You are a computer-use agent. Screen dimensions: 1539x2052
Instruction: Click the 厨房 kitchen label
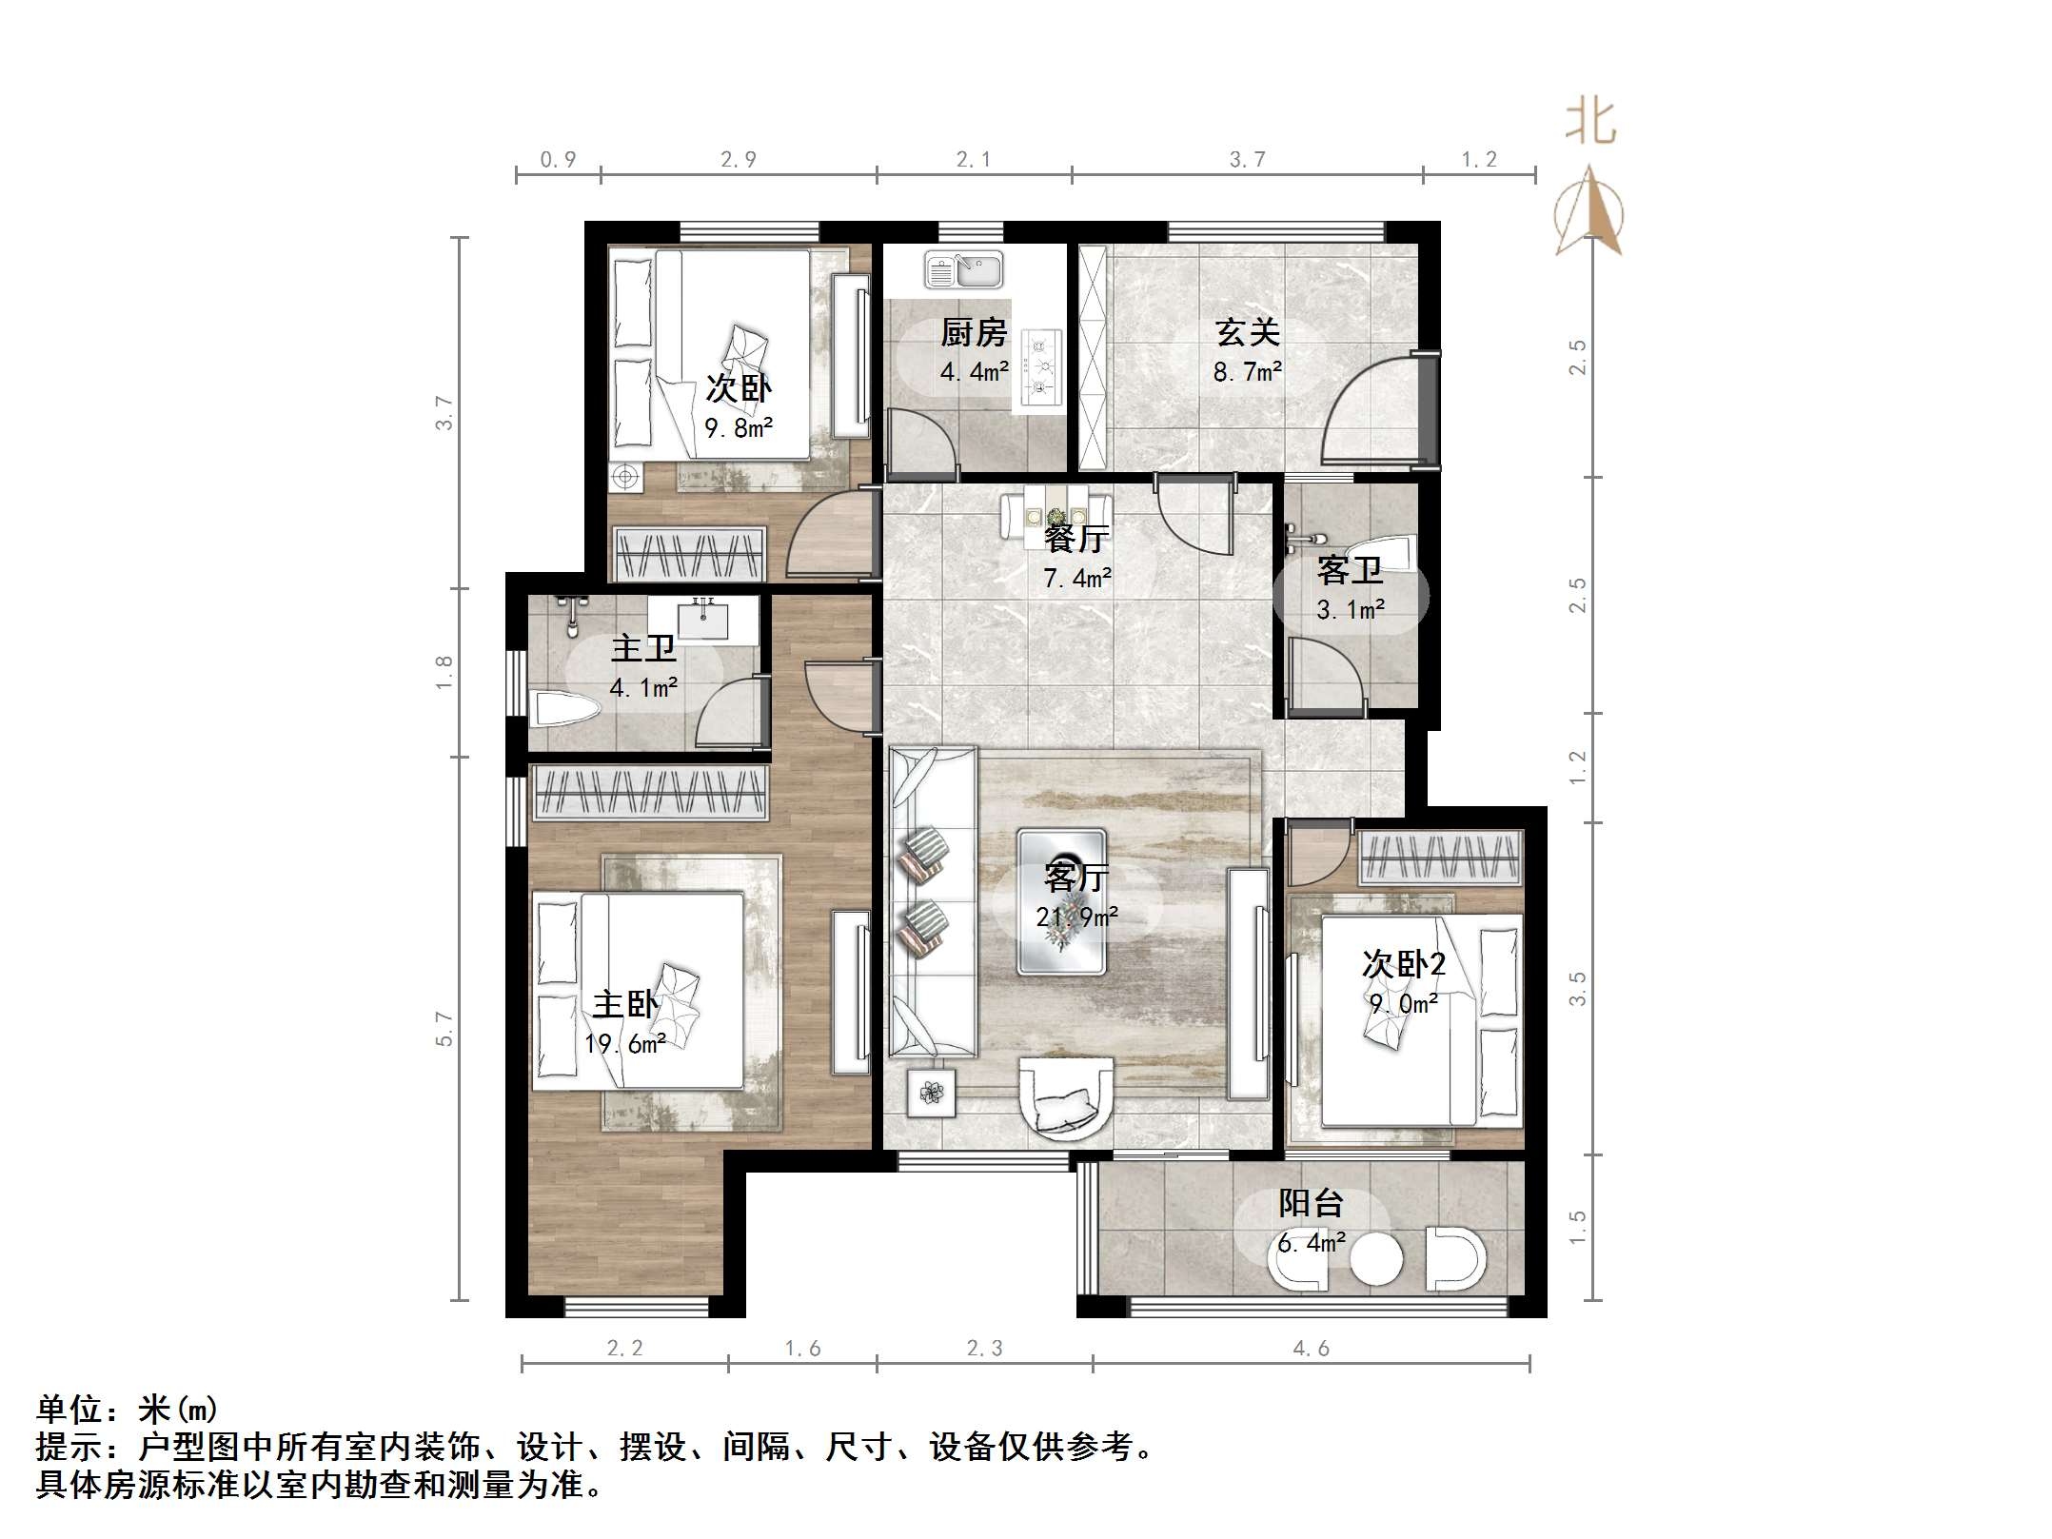click(974, 333)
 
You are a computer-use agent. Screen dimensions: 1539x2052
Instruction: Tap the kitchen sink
click(963, 270)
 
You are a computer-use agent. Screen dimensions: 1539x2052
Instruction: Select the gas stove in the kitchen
click(1040, 365)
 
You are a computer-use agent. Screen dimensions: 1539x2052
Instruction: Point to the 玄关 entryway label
click(1247, 332)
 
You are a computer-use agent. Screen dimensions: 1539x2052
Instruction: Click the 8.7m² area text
click(1247, 371)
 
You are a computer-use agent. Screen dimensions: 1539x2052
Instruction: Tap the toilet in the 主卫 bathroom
click(563, 709)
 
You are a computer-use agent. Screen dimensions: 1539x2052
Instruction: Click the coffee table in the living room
click(1061, 900)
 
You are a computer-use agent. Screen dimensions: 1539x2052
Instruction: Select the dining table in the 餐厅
click(1056, 515)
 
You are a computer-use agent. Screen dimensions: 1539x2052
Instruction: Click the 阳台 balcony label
click(1311, 1204)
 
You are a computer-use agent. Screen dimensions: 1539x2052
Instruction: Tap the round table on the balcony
click(1375, 1261)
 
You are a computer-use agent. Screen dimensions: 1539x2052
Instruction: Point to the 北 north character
click(1590, 124)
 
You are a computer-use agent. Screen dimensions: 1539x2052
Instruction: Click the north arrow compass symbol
click(1588, 214)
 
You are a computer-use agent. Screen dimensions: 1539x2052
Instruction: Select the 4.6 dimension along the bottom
click(1311, 1348)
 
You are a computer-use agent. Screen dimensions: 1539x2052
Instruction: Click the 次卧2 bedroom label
click(1403, 964)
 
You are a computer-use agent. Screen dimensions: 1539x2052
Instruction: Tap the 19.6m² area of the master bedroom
click(624, 1044)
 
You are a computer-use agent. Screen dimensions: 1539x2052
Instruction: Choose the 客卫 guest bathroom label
click(1350, 571)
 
